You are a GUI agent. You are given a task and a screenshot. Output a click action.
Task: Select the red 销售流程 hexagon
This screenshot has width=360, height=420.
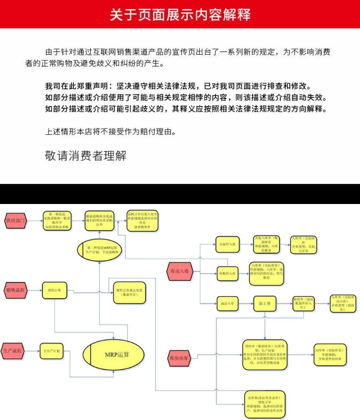[16, 290]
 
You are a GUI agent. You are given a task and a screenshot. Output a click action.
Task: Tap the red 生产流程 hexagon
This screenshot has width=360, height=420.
[14, 351]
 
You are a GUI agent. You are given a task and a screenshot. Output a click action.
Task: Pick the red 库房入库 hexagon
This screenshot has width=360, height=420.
[180, 271]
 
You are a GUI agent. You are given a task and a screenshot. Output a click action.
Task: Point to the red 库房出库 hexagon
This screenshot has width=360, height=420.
[180, 358]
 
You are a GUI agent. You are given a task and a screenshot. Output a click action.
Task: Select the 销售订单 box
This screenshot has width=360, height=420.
[54, 290]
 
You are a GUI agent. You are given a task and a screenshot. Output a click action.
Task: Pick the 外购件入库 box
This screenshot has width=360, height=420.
[227, 274]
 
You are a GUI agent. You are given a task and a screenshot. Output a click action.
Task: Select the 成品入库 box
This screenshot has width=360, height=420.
[227, 303]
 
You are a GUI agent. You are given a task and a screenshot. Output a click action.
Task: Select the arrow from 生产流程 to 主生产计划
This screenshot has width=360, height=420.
[33, 351]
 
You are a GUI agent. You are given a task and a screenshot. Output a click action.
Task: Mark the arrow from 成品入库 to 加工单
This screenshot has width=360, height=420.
[246, 303]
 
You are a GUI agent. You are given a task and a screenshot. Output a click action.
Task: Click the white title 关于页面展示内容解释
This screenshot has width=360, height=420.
[180, 14]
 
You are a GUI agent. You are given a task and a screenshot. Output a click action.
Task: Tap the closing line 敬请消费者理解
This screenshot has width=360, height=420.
[85, 156]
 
